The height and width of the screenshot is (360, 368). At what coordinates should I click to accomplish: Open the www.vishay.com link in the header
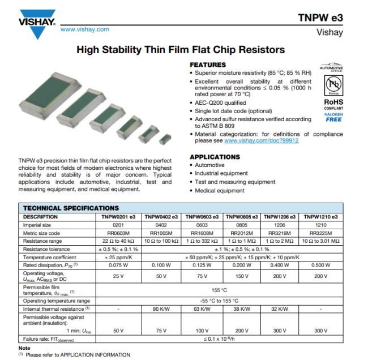pyautogui.click(x=84, y=29)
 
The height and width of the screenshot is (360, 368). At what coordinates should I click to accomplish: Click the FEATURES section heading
pyautogui.click(x=208, y=65)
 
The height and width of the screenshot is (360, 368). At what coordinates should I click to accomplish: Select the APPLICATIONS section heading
pyautogui.click(x=215, y=157)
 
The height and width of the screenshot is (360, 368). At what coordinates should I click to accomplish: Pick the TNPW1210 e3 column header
pyautogui.click(x=321, y=217)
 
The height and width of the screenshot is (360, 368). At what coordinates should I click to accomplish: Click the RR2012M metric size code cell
pyautogui.click(x=242, y=233)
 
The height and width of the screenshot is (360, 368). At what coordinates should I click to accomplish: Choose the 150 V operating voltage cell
pyautogui.click(x=242, y=276)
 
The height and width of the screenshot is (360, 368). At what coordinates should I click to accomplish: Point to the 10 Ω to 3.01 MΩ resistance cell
pyautogui.click(x=321, y=241)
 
